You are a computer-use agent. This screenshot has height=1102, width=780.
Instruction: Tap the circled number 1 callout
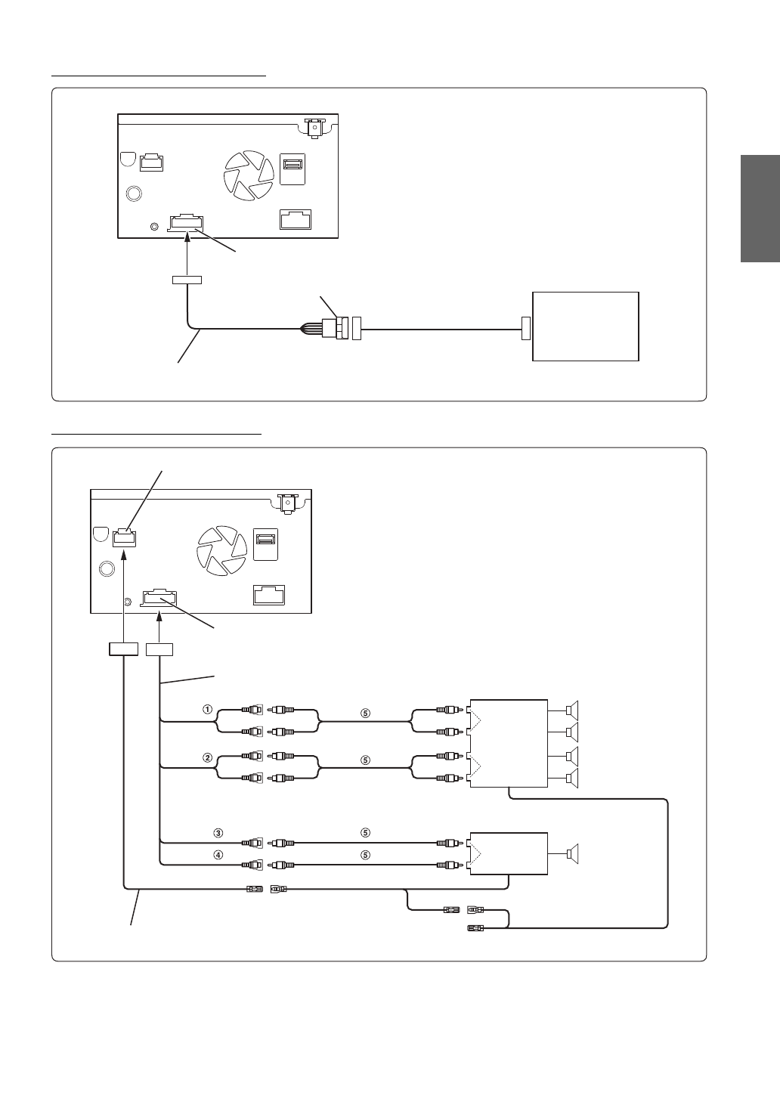point(206,710)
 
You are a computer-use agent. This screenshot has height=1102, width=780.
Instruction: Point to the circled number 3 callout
point(218,833)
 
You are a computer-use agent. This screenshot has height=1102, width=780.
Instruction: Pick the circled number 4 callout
point(218,856)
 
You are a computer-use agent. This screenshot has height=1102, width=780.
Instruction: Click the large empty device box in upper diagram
point(586,327)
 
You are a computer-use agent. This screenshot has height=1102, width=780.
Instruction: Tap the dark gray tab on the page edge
point(760,209)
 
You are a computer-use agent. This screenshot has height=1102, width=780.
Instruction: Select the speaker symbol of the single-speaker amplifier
point(572,853)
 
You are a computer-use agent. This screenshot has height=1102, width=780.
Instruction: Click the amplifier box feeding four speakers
point(508,743)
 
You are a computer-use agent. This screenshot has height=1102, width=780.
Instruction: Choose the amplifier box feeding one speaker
point(508,853)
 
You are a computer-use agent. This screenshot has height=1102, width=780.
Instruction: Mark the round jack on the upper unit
point(134,193)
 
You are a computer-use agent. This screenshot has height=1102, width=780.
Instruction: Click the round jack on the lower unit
point(107,568)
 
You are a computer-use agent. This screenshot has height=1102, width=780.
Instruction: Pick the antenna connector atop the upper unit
point(313,126)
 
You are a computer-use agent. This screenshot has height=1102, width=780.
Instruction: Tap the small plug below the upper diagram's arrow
point(186,280)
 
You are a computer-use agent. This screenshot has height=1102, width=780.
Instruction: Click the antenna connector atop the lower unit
point(286,502)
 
